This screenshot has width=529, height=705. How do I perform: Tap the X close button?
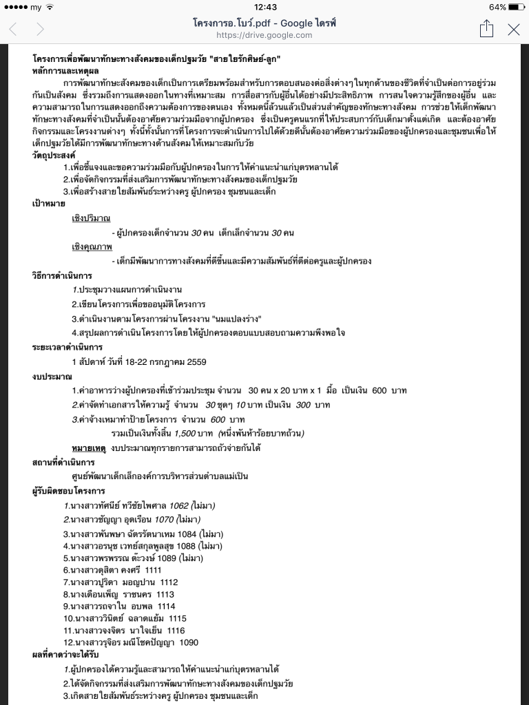pos(513,29)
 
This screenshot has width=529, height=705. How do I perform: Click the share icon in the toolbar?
pos(486,28)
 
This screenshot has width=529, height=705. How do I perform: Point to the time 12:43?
pos(264,7)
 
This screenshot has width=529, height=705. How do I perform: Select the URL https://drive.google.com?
pos(264,35)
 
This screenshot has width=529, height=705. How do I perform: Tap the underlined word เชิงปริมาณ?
pos(91,218)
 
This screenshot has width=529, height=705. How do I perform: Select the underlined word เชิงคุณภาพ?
pos(92,246)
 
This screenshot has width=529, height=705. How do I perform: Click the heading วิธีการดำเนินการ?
pos(62,275)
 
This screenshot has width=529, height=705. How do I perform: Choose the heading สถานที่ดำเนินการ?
pos(63,462)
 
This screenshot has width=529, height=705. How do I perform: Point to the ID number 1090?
pos(189,642)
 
